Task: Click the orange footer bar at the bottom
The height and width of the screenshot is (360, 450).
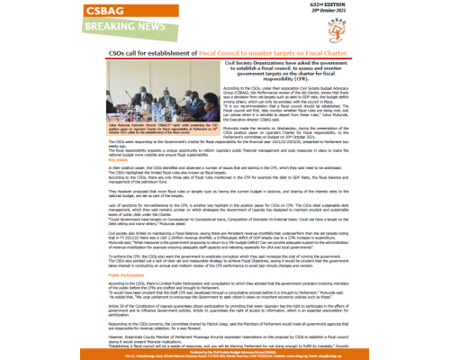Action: tap(225, 353)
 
